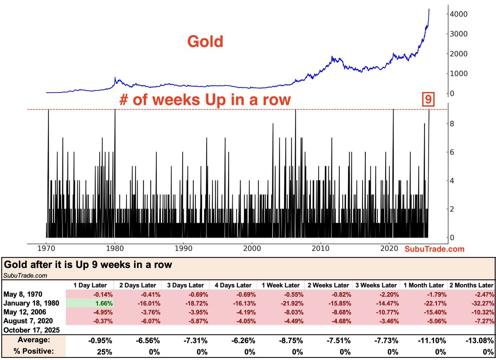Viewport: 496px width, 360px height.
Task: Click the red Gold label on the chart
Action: (205, 41)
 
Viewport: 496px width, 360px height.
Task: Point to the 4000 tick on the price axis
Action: (460, 14)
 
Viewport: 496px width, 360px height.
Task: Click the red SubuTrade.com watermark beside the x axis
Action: (434, 249)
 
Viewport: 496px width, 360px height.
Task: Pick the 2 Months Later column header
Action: (471, 285)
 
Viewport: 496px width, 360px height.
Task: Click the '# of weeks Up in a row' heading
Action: (205, 100)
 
